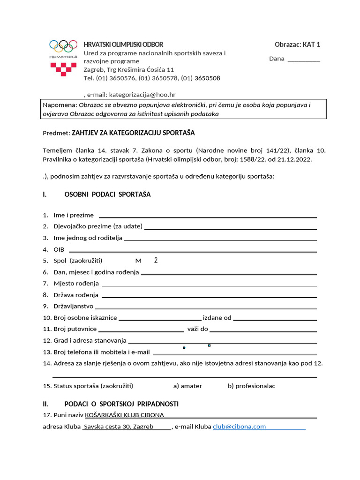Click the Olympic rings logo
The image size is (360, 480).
pos(63,45)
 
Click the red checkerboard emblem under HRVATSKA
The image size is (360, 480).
pos(63,69)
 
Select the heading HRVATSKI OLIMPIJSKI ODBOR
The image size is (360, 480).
pos(123,45)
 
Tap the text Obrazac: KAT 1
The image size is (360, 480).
pos(297,45)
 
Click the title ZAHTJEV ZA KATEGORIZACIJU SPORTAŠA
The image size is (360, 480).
pos(133,133)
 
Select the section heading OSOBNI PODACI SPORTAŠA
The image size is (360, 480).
pos(107,195)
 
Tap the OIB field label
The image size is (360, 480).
pos(59,249)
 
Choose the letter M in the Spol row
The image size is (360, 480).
pos(138,261)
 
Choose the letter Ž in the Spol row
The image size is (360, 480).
pos(156,261)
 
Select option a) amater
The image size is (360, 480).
pos(187,386)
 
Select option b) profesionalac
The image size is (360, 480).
pos(251,386)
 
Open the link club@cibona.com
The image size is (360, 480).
pos(239,427)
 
